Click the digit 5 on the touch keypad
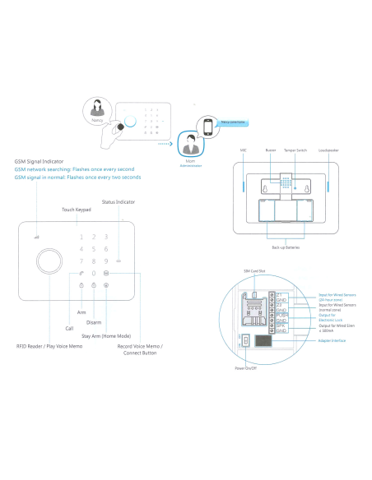(x=95, y=247)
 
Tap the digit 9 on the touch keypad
(x=107, y=260)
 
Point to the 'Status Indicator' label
(x=118, y=201)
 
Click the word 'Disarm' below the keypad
(x=94, y=322)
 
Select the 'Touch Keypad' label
(x=78, y=210)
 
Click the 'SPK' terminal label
(x=280, y=325)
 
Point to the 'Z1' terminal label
(x=280, y=293)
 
